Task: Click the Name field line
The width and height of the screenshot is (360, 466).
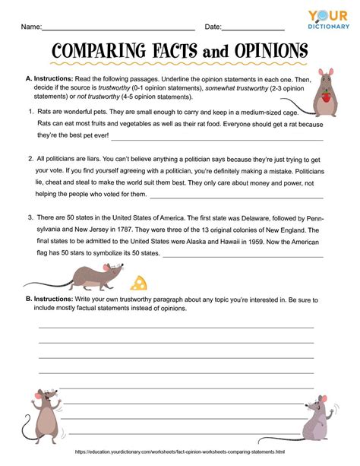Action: coord(118,29)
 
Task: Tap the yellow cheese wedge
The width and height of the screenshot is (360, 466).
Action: coord(137,283)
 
